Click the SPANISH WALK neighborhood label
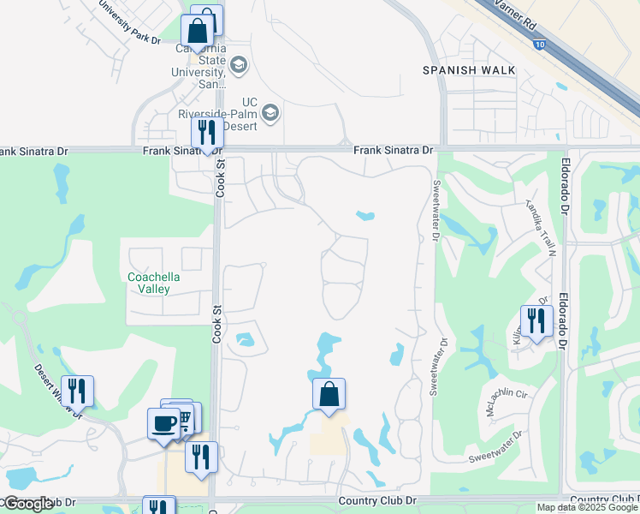click(469, 70)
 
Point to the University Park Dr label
click(129, 23)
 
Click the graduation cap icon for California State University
click(238, 64)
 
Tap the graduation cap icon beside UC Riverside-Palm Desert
click(270, 113)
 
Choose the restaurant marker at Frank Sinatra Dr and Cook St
click(207, 134)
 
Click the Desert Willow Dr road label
click(59, 392)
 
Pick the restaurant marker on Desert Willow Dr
click(78, 391)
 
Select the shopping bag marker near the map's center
click(329, 394)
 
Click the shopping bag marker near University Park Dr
click(198, 31)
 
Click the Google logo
click(28, 504)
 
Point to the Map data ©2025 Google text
click(587, 507)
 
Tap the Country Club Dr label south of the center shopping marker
click(377, 500)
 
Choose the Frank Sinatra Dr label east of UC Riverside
click(394, 150)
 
